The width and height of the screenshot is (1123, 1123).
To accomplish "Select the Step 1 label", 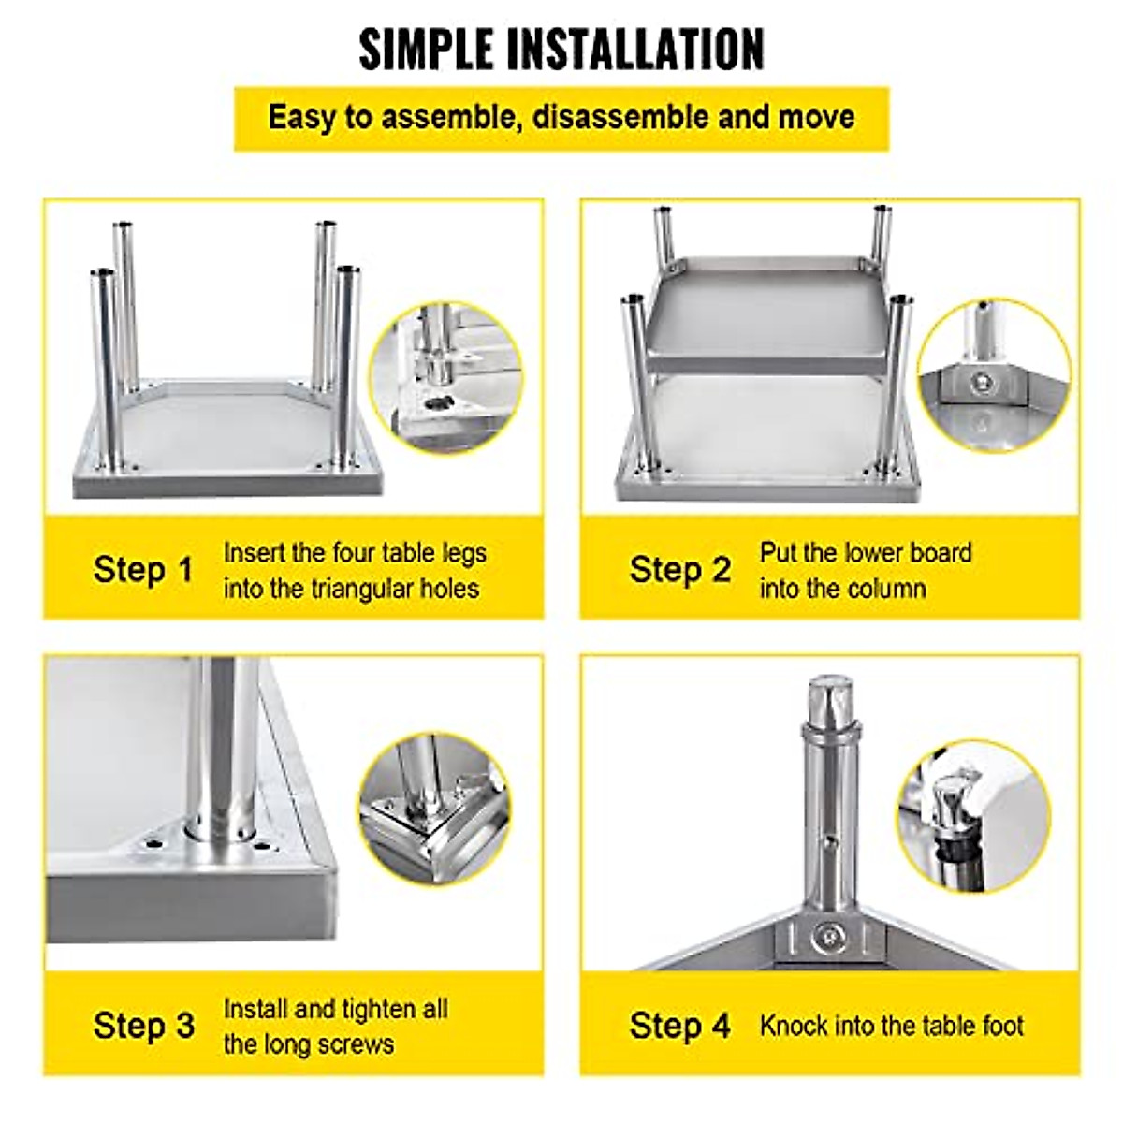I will coord(142,570).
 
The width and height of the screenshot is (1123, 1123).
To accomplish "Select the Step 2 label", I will coord(679,570).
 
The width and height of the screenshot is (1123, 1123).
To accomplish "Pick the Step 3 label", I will coord(143,1026).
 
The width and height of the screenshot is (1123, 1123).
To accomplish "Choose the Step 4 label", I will coord(679,1026).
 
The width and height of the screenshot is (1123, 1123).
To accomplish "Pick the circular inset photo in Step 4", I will coord(973,817).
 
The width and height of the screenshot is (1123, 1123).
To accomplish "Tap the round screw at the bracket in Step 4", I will coord(825,937).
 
